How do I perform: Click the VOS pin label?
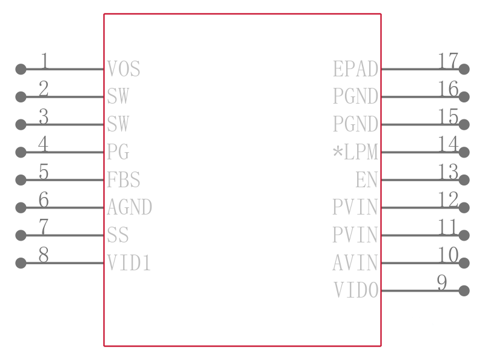click(x=124, y=68)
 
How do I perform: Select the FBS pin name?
click(x=124, y=179)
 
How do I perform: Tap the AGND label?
click(x=129, y=207)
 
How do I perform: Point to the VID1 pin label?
click(x=129, y=262)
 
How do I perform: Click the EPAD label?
click(x=355, y=68)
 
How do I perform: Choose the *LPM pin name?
click(x=355, y=152)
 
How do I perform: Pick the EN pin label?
click(x=367, y=179)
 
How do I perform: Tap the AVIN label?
click(x=355, y=262)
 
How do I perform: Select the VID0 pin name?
click(x=356, y=290)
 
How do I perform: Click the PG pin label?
click(x=118, y=152)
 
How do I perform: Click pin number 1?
click(x=44, y=61)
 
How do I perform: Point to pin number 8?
click(x=44, y=255)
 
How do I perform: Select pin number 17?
click(x=448, y=61)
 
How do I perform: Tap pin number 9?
click(x=442, y=282)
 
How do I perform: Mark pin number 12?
click(x=448, y=199)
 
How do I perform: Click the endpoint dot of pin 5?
click(x=21, y=179)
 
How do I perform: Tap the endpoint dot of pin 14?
click(x=464, y=152)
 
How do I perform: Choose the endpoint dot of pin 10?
click(x=464, y=263)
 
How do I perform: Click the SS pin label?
click(x=118, y=235)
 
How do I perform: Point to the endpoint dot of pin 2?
click(x=21, y=97)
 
